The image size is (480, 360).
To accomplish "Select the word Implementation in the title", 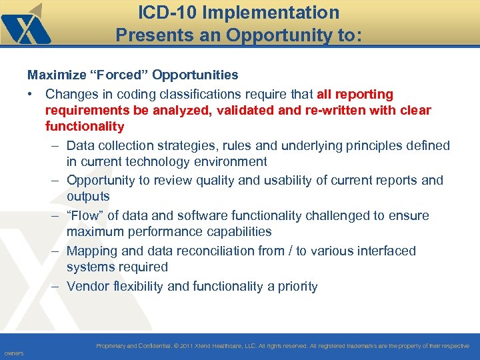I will [273, 13].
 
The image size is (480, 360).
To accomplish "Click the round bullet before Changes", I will [31, 95].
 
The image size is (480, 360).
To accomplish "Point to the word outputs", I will [88, 197].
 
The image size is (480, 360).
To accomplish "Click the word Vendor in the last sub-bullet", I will [87, 287].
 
